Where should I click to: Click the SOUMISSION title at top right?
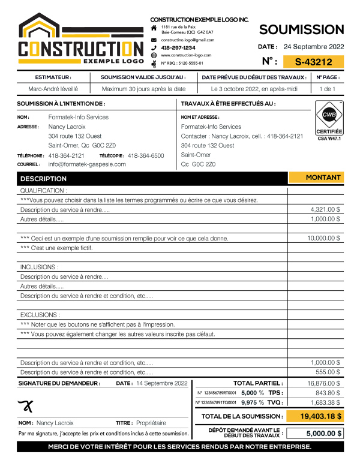click(x=302, y=29)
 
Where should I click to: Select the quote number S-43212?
click(x=314, y=61)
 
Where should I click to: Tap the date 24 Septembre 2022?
click(x=314, y=46)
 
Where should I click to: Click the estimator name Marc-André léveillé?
click(x=53, y=89)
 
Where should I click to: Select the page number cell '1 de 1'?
click(x=328, y=89)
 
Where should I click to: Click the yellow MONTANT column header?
click(x=323, y=178)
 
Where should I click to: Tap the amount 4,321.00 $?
click(x=326, y=210)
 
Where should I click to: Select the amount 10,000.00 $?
click(x=324, y=238)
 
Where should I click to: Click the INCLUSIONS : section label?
click(x=40, y=267)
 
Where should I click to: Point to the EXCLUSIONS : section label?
click(x=40, y=314)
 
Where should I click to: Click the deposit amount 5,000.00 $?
click(x=316, y=433)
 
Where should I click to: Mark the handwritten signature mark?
click(x=25, y=405)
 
